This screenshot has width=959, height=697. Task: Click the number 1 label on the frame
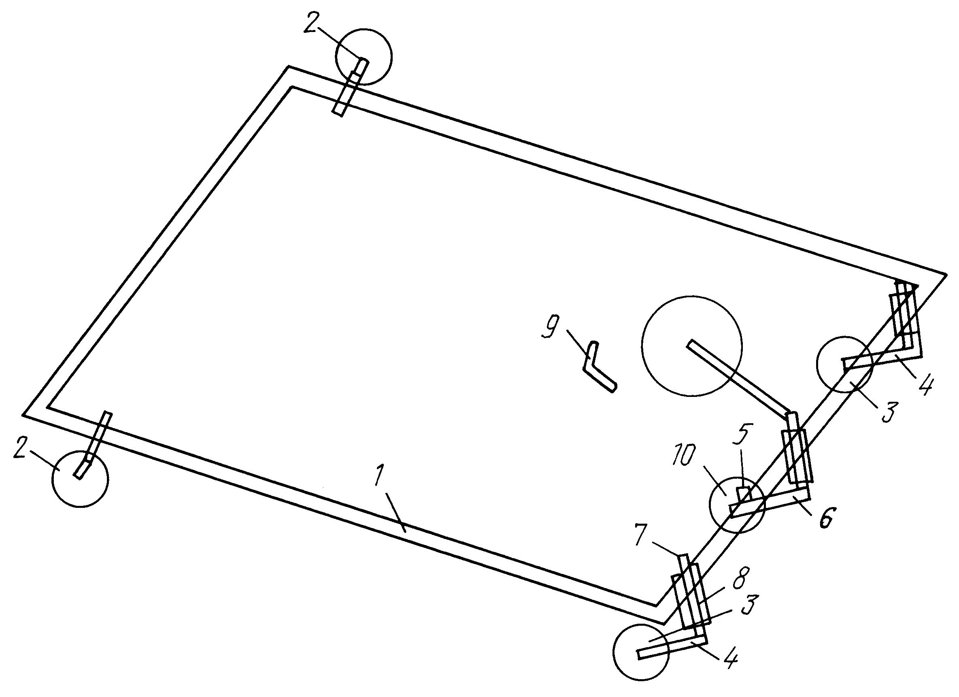[x=379, y=477]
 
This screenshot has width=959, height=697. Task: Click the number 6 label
[x=824, y=518]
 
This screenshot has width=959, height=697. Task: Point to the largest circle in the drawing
[x=692, y=346]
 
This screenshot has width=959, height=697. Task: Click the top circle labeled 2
[x=364, y=57]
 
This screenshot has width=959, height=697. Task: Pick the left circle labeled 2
[x=80, y=478]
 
